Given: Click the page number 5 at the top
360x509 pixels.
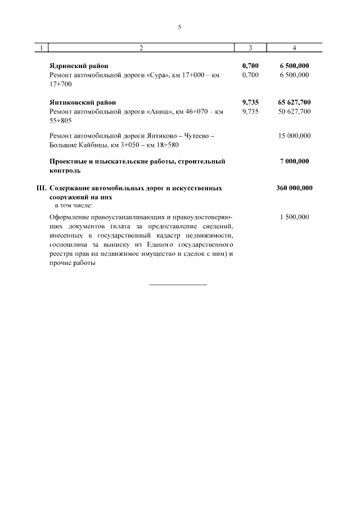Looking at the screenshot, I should point(179,26).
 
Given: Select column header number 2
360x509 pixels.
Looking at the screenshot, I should point(141,48).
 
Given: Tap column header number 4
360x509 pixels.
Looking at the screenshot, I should point(294,48).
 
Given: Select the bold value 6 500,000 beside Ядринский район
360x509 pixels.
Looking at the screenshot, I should point(294,65).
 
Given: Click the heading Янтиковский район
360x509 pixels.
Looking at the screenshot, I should point(83,102).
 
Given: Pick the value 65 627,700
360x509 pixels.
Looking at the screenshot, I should point(294,102).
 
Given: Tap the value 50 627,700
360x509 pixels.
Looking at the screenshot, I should point(294,111).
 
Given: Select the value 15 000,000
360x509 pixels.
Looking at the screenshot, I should point(294,136).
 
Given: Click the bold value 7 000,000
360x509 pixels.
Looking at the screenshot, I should point(294,161).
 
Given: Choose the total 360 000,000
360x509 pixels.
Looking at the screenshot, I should point(294,188).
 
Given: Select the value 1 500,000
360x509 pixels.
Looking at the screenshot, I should point(294,217).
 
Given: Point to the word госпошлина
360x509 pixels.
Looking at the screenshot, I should point(68,246).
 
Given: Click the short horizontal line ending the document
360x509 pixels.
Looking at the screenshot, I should point(178,285).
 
